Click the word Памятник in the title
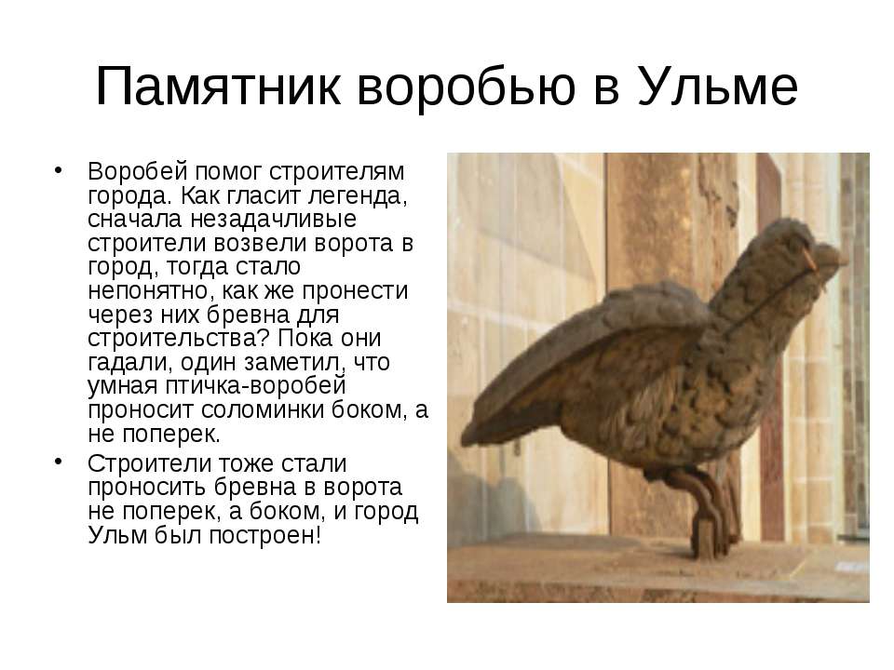(218, 86)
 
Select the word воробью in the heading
(467, 87)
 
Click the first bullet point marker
(58, 169)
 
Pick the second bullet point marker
(58, 461)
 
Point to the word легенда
(358, 196)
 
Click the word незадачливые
(273, 220)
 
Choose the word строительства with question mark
(178, 339)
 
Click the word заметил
(295, 363)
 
